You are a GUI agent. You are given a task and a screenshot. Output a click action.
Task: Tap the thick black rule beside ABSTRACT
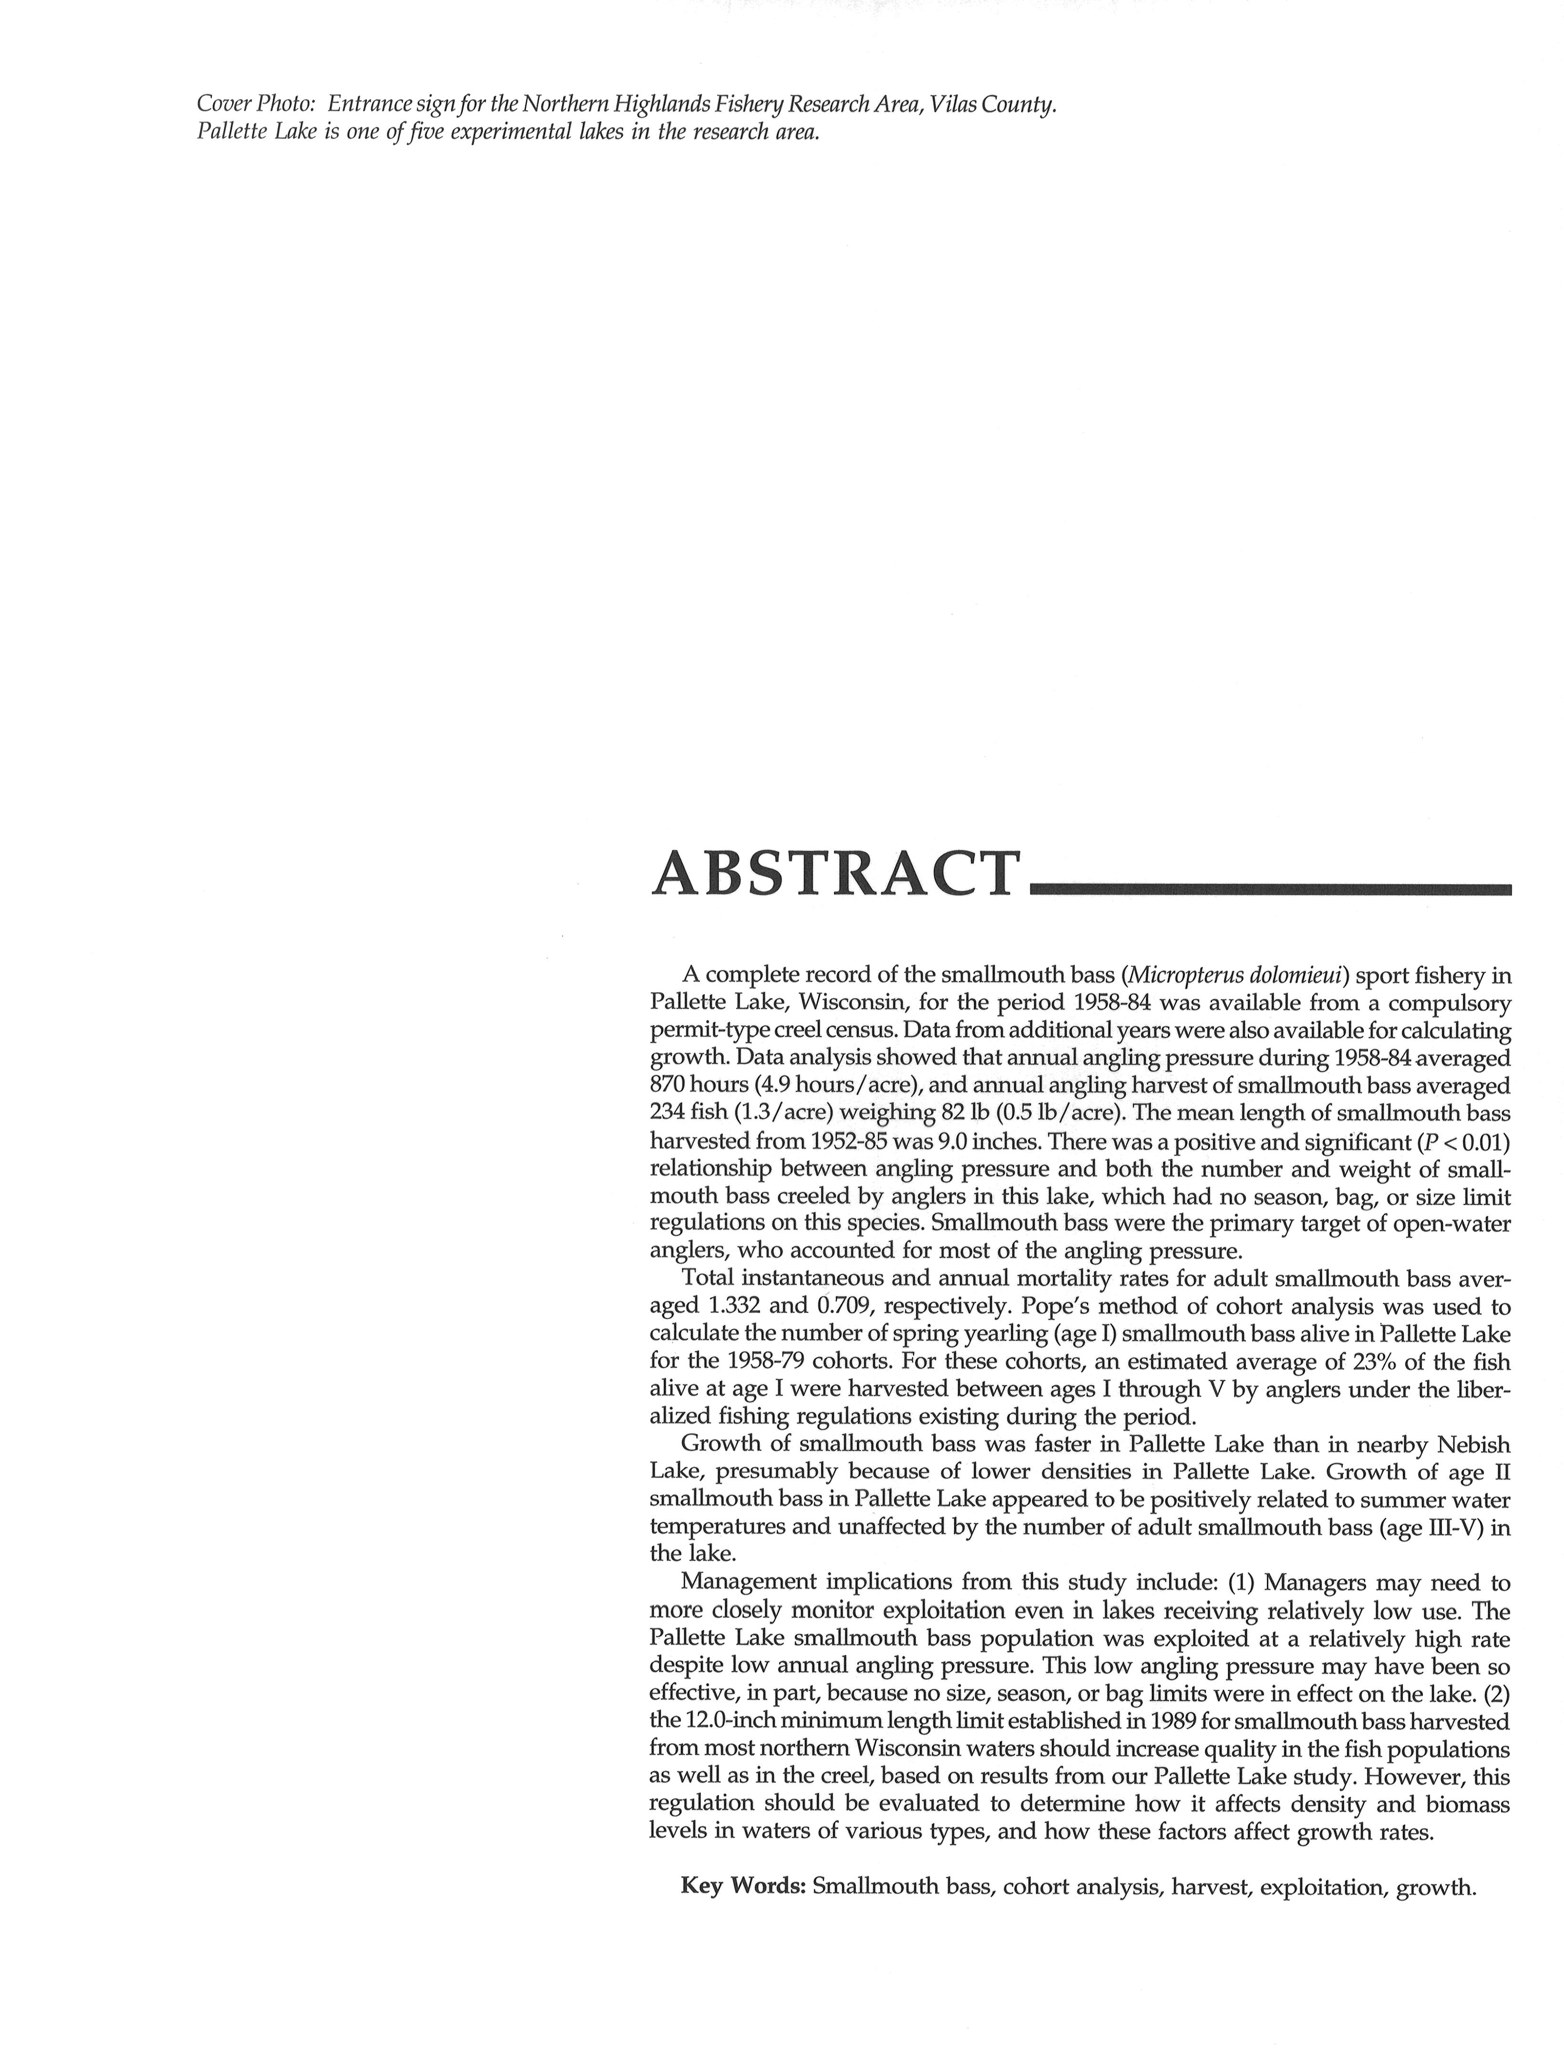tap(1269, 889)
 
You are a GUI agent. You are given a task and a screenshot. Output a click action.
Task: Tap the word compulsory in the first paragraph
tap(1443, 1002)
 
